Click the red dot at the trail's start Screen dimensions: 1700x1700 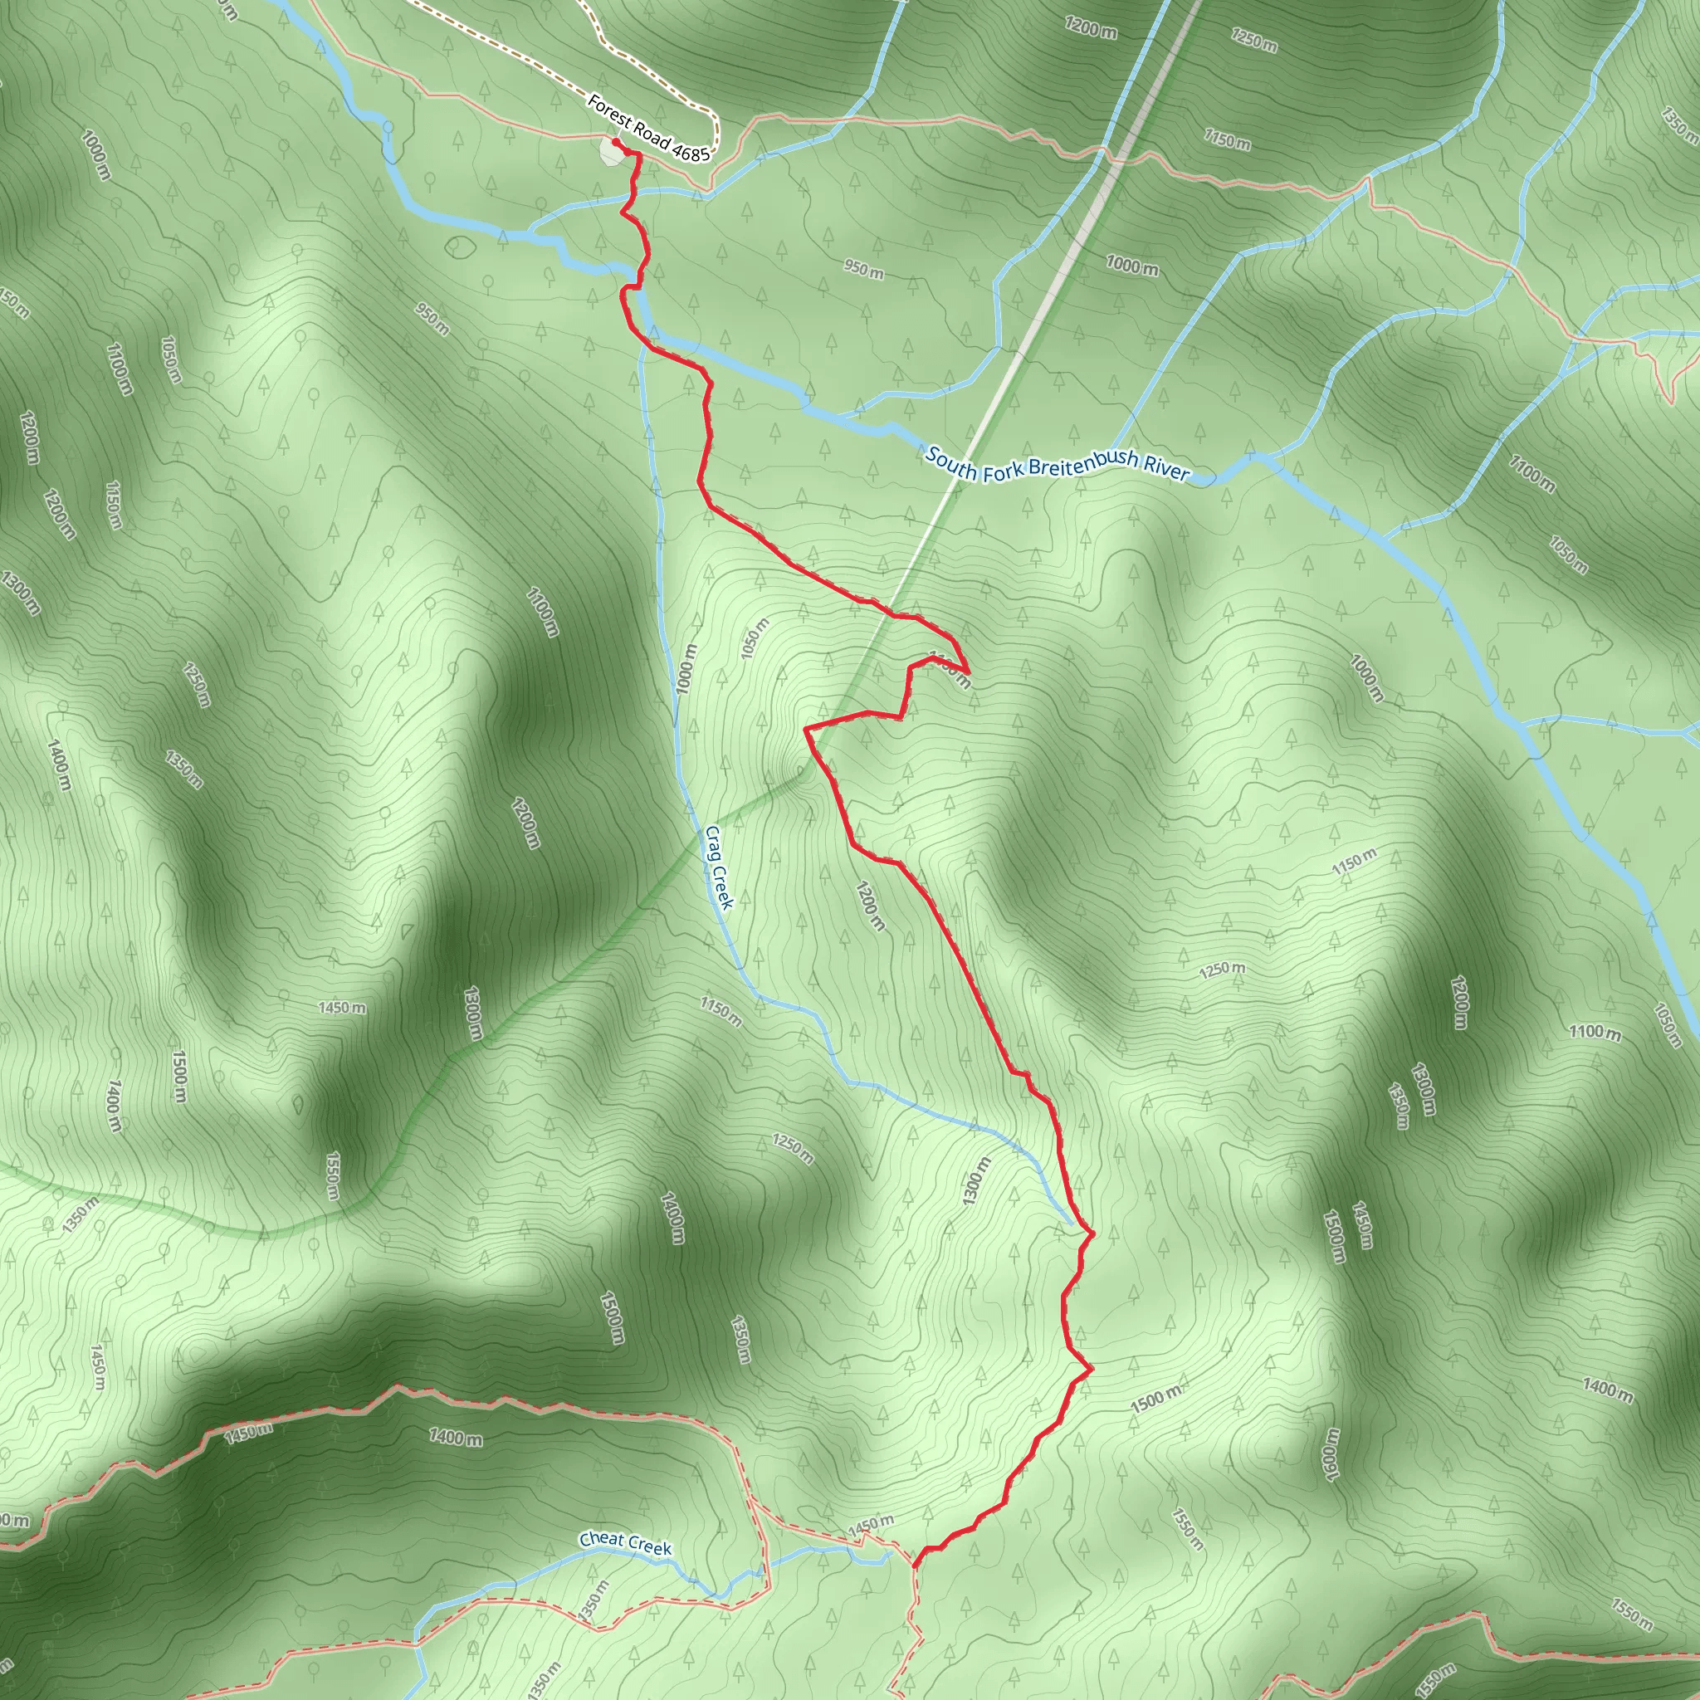click(616, 143)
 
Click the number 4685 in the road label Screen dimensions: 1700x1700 click(690, 152)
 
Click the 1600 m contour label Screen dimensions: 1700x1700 click(1330, 1454)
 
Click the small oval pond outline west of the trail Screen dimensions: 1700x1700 click(457, 247)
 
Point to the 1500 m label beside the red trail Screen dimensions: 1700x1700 click(1156, 1399)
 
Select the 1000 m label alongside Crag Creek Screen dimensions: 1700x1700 click(686, 669)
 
